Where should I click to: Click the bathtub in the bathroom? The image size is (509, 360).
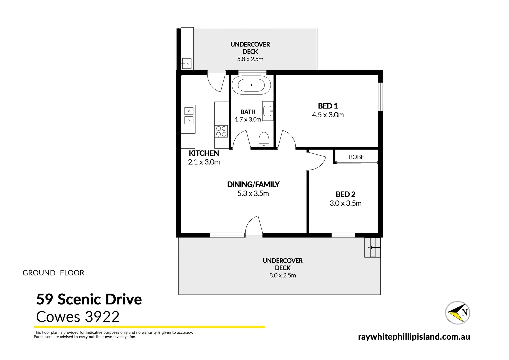click(251, 85)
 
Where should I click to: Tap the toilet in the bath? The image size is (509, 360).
click(264, 139)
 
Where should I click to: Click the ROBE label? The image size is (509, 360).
click(356, 157)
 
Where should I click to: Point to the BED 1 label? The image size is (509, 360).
click(328, 106)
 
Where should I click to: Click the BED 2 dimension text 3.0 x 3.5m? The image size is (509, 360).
click(345, 203)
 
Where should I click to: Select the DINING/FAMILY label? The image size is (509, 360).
click(253, 184)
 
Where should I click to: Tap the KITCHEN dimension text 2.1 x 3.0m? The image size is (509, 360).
click(204, 162)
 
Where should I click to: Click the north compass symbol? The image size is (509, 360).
click(458, 312)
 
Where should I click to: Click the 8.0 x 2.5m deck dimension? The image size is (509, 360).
click(282, 275)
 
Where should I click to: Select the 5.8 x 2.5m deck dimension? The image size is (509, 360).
click(250, 59)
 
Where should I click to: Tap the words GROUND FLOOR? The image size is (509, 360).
click(53, 273)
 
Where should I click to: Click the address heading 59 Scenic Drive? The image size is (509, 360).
click(89, 299)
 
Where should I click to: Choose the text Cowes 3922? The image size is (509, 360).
click(78, 317)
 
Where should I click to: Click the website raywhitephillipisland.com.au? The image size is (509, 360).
click(414, 337)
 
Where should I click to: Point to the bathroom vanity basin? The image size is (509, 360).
click(268, 111)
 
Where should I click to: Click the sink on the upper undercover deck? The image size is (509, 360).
click(187, 63)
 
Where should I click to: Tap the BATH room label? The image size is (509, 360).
click(248, 112)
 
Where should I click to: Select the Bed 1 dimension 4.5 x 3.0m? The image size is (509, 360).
click(328, 115)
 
